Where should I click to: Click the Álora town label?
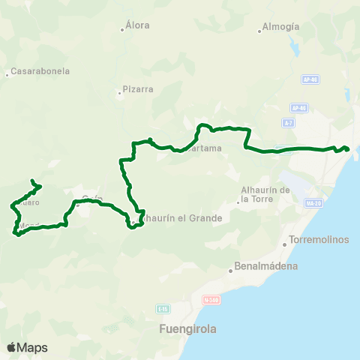click(139, 25)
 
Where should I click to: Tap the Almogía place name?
click(281, 26)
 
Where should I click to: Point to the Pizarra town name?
click(138, 88)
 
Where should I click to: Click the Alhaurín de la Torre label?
click(265, 194)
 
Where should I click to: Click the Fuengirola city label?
click(188, 328)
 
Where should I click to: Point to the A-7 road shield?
click(289, 122)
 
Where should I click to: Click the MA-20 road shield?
click(313, 203)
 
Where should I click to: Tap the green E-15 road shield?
click(163, 308)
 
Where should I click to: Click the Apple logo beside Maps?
click(11, 347)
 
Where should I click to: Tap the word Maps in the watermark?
click(32, 347)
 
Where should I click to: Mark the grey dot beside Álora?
click(122, 30)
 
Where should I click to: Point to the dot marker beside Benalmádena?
click(230, 271)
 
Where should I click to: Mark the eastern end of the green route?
click(347, 148)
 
